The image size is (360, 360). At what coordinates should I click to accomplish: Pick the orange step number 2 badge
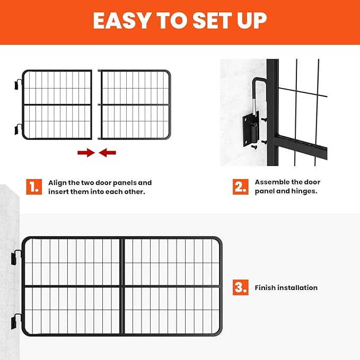coord(240,186)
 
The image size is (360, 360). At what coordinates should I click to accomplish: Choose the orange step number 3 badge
coord(240,287)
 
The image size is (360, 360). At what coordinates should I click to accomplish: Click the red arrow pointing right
coord(85,153)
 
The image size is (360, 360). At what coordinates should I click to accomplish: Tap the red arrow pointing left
coord(108,153)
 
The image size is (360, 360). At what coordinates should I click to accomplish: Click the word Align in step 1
coord(58,182)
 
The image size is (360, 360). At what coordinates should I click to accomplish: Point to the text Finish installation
coord(286,287)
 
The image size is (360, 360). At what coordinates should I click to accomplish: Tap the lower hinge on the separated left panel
coord(19,129)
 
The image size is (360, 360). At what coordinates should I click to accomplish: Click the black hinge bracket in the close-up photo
coord(252,127)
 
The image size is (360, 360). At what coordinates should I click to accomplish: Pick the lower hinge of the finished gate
coord(15,321)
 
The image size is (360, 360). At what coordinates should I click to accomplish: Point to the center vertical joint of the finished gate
coord(122,286)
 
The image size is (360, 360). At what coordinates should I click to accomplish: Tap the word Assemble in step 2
coord(271,182)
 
